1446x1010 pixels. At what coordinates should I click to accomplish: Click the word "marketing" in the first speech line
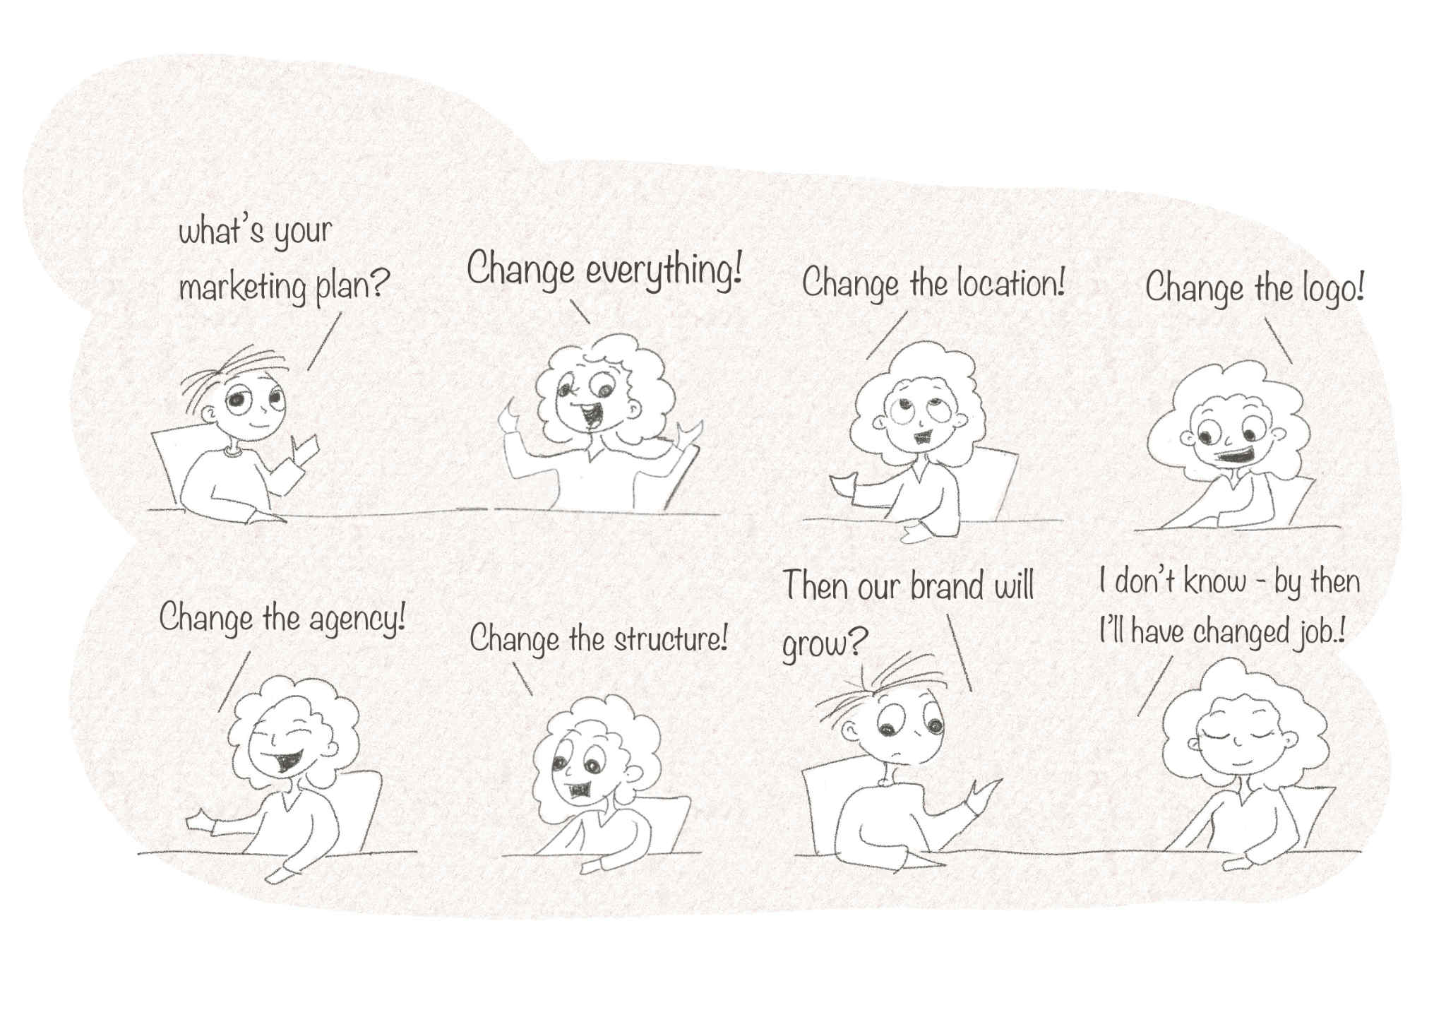[x=242, y=288]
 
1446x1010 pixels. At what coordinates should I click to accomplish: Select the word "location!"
[x=1010, y=284]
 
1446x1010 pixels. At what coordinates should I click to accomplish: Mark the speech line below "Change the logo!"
[x=1279, y=340]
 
